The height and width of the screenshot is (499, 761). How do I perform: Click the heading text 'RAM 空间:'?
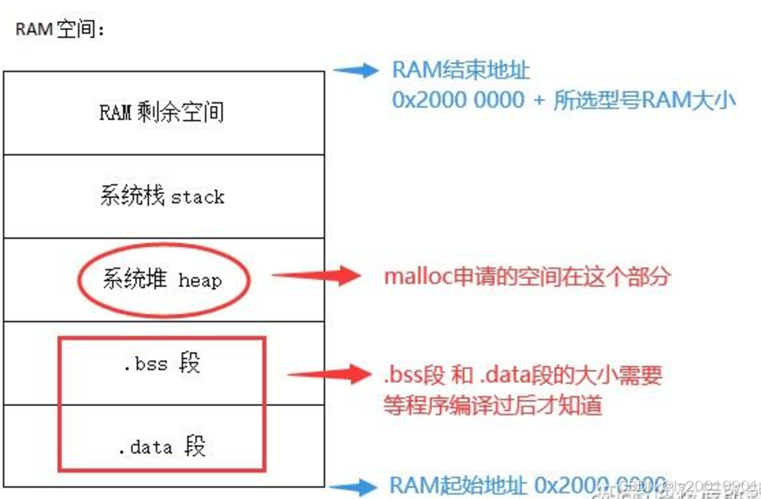click(x=60, y=30)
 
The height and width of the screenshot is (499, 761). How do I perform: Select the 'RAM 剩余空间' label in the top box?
click(x=162, y=112)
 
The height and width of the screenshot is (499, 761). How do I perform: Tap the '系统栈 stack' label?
click(x=162, y=196)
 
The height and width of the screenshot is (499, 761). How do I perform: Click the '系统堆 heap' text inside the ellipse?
click(x=162, y=279)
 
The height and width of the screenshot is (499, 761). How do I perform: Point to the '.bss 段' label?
click(x=162, y=363)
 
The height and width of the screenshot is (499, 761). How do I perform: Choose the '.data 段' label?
click(x=162, y=447)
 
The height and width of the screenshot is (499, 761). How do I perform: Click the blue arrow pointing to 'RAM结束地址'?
click(x=355, y=70)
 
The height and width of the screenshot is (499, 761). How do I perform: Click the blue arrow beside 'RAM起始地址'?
click(x=353, y=487)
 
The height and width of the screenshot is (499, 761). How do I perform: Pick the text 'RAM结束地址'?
click(x=461, y=70)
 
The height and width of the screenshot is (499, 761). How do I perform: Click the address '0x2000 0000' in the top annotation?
click(x=458, y=100)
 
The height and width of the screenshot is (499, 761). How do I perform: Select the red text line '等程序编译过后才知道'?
click(x=493, y=404)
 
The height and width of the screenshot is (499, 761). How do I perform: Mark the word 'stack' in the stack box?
click(x=198, y=197)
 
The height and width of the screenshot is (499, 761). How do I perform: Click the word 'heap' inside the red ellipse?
click(x=200, y=281)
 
